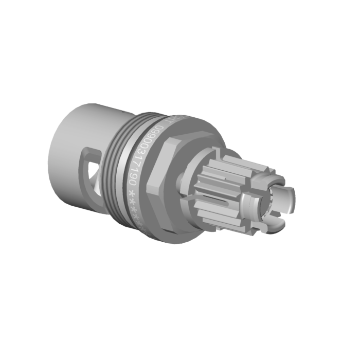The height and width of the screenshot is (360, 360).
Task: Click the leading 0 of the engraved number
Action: (x=158, y=131)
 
